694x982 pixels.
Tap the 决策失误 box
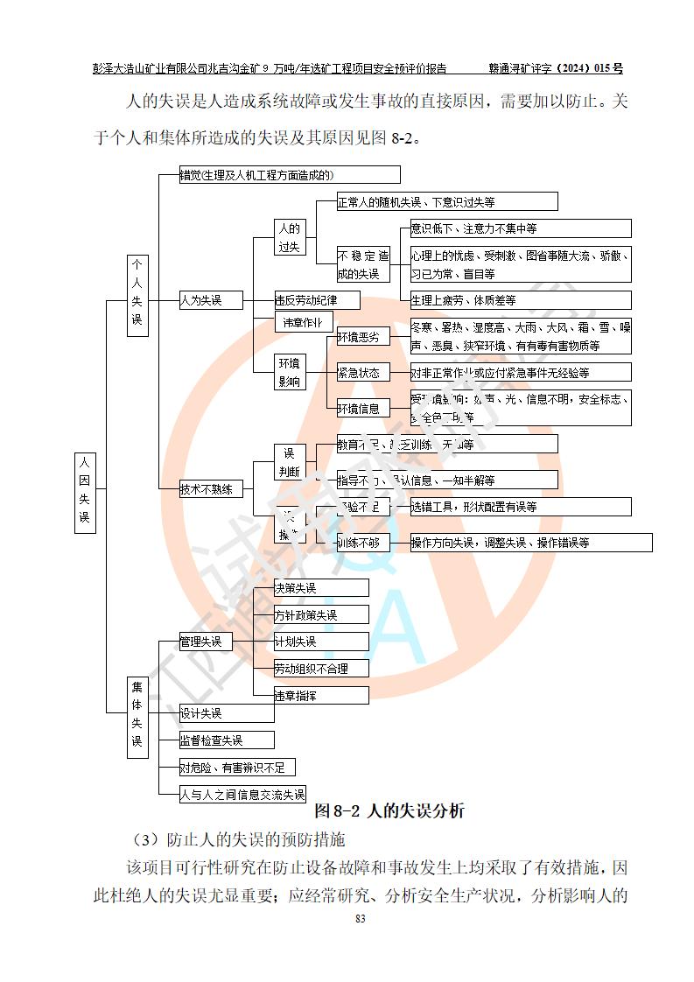pos(306,587)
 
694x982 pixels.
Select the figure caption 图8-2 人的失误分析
pos(389,810)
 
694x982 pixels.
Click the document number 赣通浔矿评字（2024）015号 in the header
pos(555,67)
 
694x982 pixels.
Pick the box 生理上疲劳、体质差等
pos(520,300)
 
